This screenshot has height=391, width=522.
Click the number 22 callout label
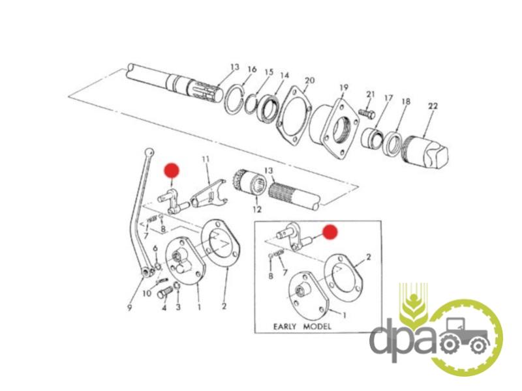(433, 106)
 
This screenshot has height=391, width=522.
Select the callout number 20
(309, 80)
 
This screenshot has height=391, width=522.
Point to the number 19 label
(344, 88)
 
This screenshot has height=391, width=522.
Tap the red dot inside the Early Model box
(331, 232)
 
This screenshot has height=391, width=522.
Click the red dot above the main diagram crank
(172, 170)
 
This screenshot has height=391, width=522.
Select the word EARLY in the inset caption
(284, 326)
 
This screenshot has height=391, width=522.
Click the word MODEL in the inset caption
(317, 326)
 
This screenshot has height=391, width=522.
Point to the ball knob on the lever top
(150, 152)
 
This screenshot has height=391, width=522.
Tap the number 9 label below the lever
(129, 308)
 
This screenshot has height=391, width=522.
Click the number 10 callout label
(147, 293)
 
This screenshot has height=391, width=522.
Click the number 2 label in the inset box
(369, 257)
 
